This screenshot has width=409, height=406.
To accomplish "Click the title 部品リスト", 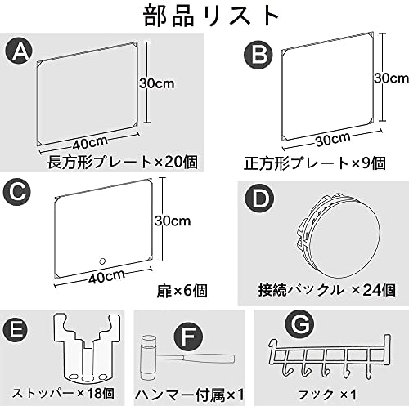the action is (x=211, y=16).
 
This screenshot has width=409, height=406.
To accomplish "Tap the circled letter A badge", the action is (x=19, y=51).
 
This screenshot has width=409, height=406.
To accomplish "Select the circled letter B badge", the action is (x=258, y=55).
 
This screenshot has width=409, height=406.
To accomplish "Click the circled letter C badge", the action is (x=17, y=192).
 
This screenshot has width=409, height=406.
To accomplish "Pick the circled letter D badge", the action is (x=260, y=199).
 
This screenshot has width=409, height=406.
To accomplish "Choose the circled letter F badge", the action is (x=188, y=337).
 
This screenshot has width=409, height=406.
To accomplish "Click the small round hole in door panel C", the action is (x=102, y=261).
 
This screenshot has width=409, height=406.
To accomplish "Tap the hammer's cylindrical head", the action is (x=148, y=358).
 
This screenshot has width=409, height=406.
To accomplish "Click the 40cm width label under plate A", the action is (x=90, y=142).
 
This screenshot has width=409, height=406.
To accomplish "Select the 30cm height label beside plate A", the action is (x=157, y=83).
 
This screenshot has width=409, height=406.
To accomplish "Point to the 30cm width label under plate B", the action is (x=333, y=140).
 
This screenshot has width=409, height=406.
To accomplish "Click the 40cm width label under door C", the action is (x=106, y=276).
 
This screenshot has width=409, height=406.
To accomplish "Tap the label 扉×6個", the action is (x=182, y=291).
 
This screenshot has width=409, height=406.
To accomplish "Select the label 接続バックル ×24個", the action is (x=327, y=290).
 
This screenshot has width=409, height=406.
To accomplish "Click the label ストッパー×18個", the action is (x=63, y=393).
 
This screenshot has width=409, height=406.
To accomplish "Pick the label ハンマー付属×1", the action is (x=189, y=395).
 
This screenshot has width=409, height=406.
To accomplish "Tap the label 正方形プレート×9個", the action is (x=315, y=163).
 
